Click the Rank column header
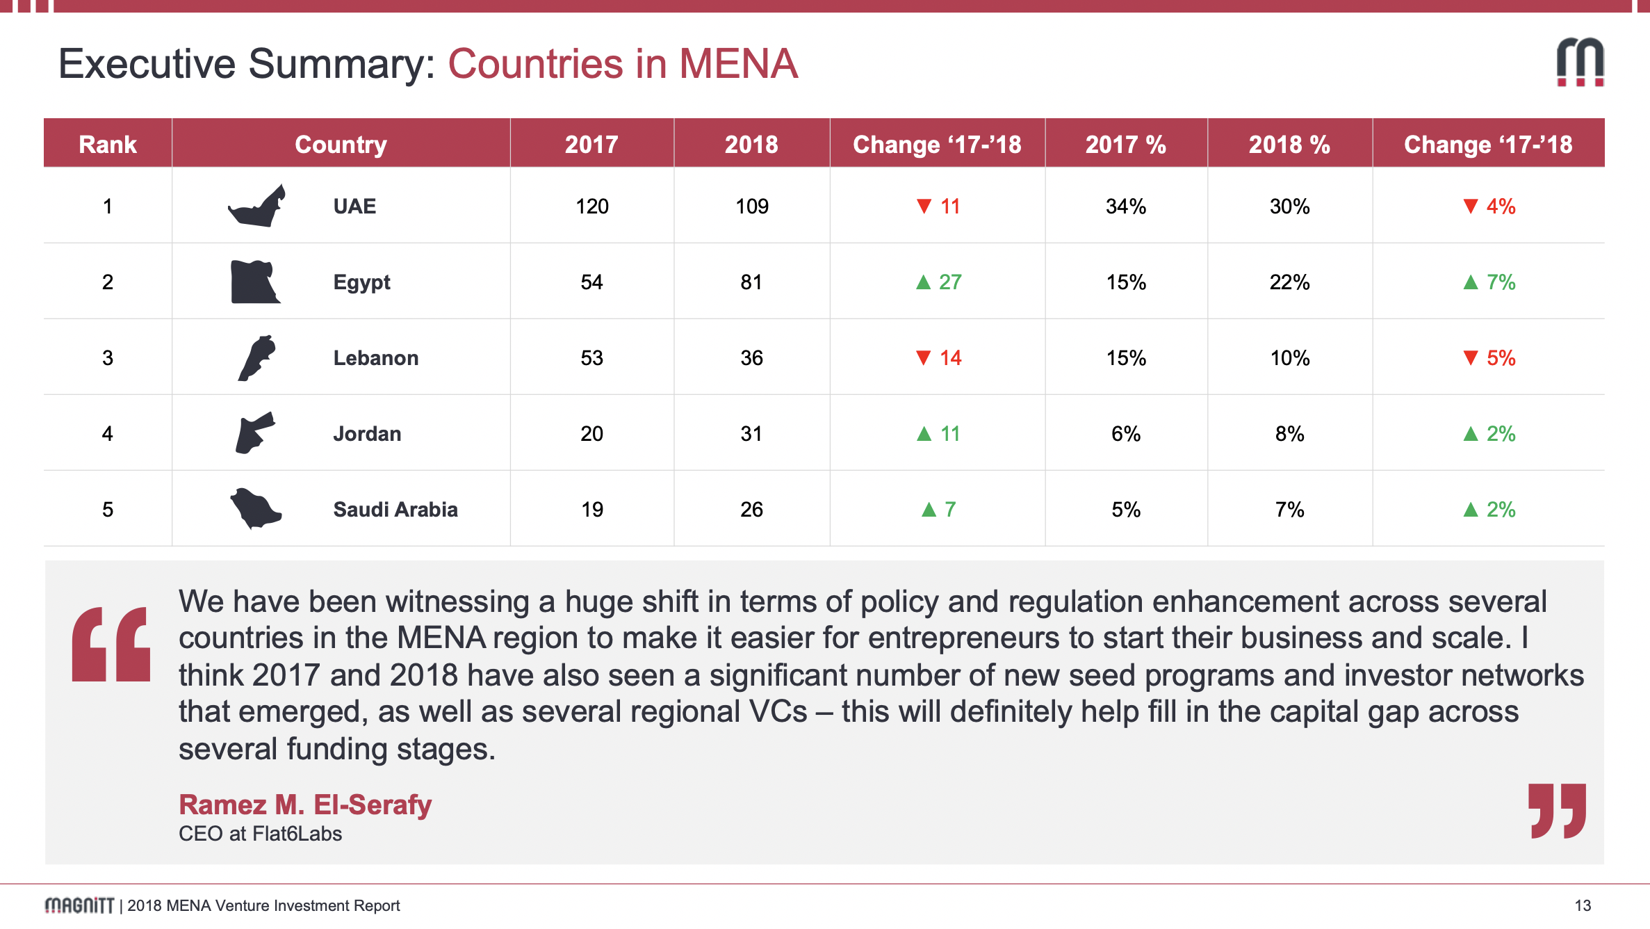tap(108, 145)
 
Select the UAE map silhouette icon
tap(257, 207)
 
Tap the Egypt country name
tap(361, 282)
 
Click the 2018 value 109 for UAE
tap(751, 207)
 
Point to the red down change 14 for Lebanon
tap(939, 358)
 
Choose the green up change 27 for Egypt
tap(939, 282)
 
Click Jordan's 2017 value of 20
tap(591, 434)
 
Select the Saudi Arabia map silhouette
tap(256, 508)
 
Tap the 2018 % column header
tap(1289, 145)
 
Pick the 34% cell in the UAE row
tap(1126, 207)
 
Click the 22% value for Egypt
tap(1289, 282)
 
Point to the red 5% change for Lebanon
tap(1489, 358)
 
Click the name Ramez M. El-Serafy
tap(305, 805)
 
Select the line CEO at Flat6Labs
tap(260, 834)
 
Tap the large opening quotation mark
tap(111, 644)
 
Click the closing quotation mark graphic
tap(1557, 811)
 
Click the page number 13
tap(1583, 905)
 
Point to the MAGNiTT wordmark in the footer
tap(79, 905)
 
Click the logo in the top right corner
tap(1580, 63)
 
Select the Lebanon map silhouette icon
tap(256, 357)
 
